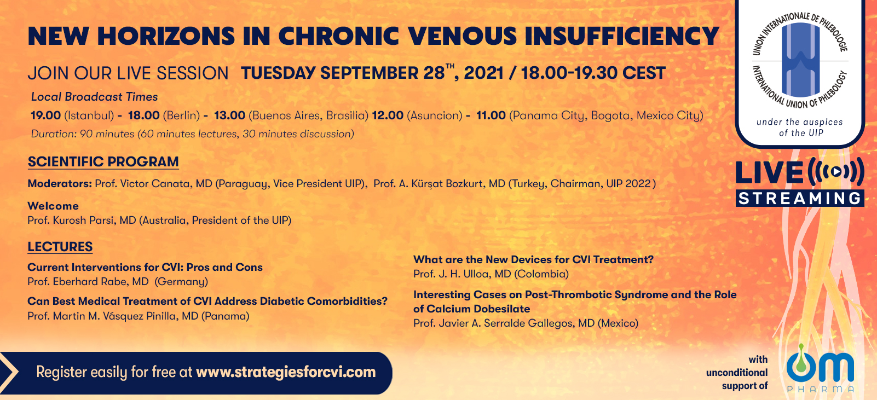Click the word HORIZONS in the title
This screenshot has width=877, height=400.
[x=166, y=37]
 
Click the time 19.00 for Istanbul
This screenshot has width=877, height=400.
[x=46, y=115]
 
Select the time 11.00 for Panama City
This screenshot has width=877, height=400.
[x=491, y=115]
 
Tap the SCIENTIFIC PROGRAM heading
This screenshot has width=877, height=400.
[x=103, y=161]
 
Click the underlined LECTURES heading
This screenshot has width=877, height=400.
[x=60, y=247]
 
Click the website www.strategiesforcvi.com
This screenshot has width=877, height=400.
[x=286, y=372]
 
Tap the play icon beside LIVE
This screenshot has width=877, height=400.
[x=835, y=172]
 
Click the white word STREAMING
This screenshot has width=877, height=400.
[x=800, y=199]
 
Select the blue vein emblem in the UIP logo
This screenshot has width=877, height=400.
[x=801, y=60]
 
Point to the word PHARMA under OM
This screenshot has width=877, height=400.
[x=821, y=389]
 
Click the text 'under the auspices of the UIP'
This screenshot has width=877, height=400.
[x=800, y=127]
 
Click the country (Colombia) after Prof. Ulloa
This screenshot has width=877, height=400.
[x=542, y=274]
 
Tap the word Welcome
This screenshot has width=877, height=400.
[x=53, y=206]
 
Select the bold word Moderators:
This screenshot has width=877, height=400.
[x=60, y=183]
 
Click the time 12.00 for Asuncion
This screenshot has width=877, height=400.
[x=388, y=115]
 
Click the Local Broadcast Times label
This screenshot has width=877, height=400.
[x=94, y=97]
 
